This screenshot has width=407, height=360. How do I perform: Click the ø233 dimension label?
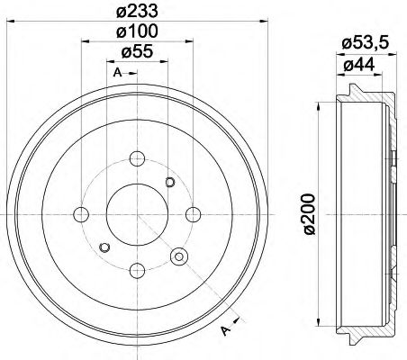(x=136, y=12)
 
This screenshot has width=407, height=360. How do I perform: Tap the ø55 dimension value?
(x=136, y=52)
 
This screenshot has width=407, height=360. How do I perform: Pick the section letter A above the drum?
(x=117, y=72)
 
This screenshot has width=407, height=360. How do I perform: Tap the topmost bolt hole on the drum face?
(x=137, y=159)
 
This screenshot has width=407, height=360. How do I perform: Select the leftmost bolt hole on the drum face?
(x=81, y=214)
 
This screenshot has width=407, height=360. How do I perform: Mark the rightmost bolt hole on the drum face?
(x=193, y=214)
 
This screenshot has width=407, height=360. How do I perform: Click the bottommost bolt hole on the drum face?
(x=137, y=269)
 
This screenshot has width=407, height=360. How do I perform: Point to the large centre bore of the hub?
(x=137, y=214)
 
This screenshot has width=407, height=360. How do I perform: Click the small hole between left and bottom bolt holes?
(x=104, y=247)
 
